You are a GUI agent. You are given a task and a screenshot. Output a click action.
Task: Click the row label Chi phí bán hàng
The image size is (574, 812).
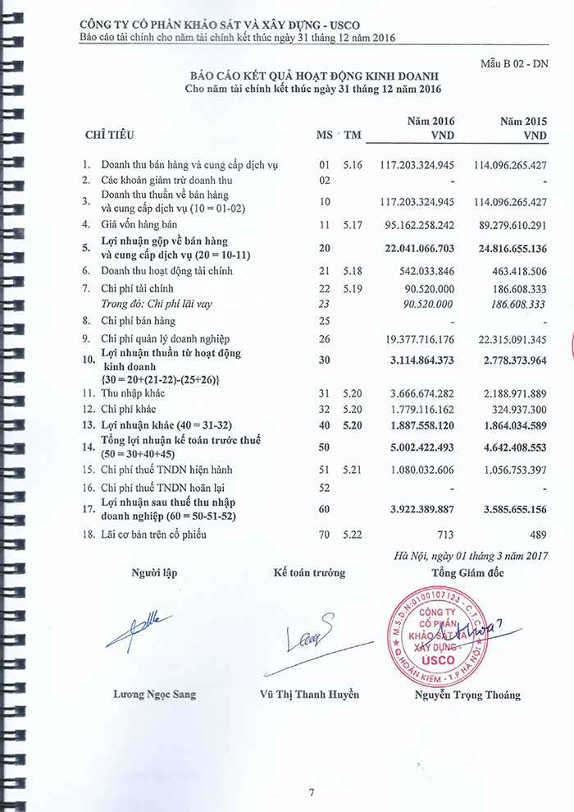pyautogui.click(x=138, y=321)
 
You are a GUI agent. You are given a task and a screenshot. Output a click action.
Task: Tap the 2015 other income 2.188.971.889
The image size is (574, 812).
pyautogui.click(x=509, y=393)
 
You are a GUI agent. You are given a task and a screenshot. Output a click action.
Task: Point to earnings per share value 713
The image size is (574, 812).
pyautogui.click(x=444, y=535)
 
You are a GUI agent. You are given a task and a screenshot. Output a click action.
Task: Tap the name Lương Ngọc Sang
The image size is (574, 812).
pyautogui.click(x=155, y=695)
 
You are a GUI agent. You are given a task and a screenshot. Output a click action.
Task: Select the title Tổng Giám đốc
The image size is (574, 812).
pyautogui.click(x=467, y=572)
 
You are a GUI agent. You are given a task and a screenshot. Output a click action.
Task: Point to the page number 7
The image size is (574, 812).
pyautogui.click(x=312, y=792)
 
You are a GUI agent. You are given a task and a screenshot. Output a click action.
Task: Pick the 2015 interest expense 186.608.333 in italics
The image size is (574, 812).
pyautogui.click(x=509, y=304)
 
